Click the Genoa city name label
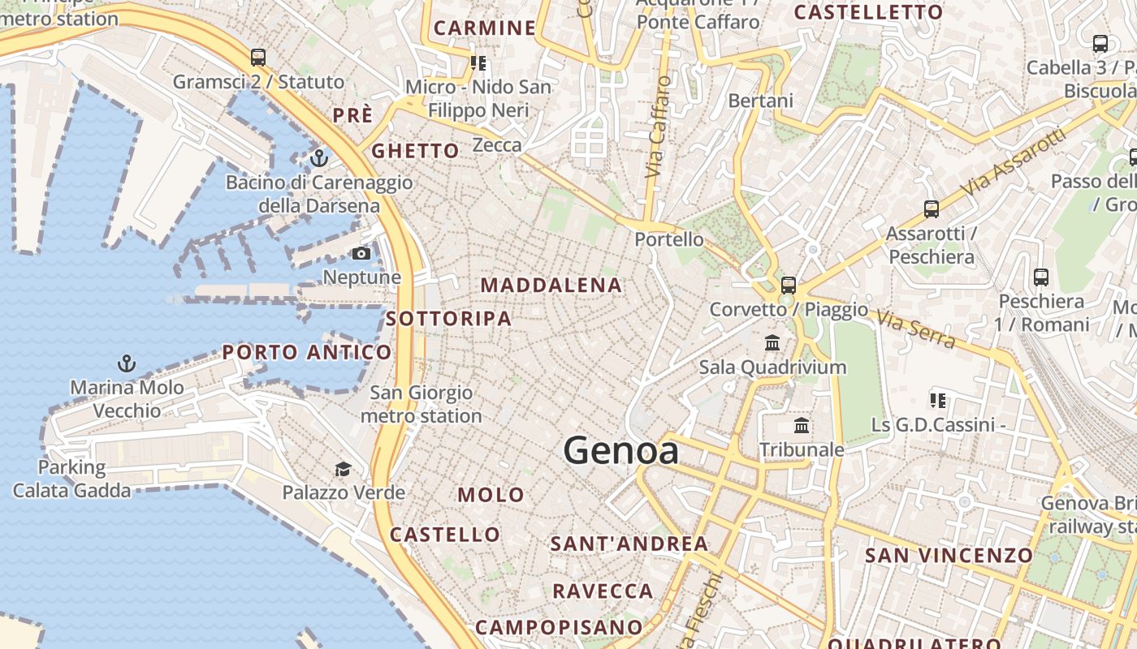[x=621, y=451]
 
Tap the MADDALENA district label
[x=551, y=286]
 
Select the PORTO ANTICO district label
[x=307, y=352]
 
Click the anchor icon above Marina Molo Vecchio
[x=126, y=363]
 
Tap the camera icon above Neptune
[x=361, y=254]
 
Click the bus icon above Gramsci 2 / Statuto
[x=258, y=58]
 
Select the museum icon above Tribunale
[x=802, y=425]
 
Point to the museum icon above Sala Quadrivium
[x=772, y=343]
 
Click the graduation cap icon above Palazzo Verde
[x=344, y=469]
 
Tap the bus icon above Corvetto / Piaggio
[x=788, y=286]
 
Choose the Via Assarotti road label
[x=1012, y=162]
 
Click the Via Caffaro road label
[x=659, y=127]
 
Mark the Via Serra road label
[x=916, y=327]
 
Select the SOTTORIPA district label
[x=449, y=319]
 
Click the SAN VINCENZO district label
[x=949, y=556]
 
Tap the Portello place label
[x=669, y=239]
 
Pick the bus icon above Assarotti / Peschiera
[x=931, y=209]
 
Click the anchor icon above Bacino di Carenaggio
[x=319, y=157]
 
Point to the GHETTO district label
[x=415, y=151]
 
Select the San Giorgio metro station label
[x=422, y=404]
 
